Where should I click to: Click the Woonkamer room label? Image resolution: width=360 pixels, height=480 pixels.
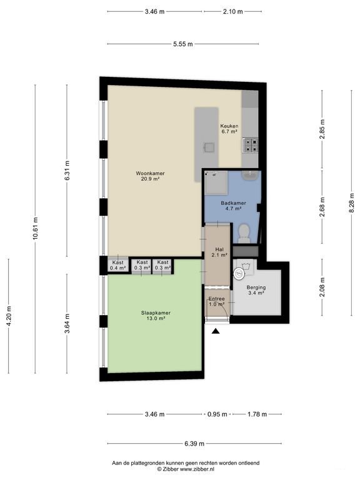(x=150, y=176)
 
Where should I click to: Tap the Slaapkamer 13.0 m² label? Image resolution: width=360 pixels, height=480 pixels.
(x=156, y=316)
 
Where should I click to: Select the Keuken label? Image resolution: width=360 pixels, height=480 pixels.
(x=229, y=129)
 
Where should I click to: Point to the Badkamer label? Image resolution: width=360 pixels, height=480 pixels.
(x=234, y=206)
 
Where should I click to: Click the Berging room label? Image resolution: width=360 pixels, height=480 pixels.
(x=256, y=290)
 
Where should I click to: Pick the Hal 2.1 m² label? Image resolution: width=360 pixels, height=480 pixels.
(x=219, y=252)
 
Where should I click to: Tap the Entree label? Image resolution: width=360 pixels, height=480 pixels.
(x=217, y=301)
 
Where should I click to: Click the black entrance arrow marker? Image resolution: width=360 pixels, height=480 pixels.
(x=216, y=331)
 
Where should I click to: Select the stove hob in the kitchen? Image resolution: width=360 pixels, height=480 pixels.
(x=251, y=146)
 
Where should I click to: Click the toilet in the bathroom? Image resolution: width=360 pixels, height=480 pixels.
(x=244, y=233)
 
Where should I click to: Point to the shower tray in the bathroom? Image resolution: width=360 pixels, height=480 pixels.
(x=216, y=182)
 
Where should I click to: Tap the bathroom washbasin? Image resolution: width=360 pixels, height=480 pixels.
(x=250, y=176)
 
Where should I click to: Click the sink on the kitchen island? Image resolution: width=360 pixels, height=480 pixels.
(x=210, y=147)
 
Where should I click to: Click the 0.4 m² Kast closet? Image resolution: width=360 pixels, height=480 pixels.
(x=117, y=265)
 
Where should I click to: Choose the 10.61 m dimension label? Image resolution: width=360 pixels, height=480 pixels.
(x=36, y=229)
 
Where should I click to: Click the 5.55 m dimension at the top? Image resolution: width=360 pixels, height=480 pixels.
(x=183, y=44)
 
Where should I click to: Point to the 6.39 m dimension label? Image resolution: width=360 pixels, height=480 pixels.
(x=194, y=443)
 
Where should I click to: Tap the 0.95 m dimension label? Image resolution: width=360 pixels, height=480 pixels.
(x=217, y=414)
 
